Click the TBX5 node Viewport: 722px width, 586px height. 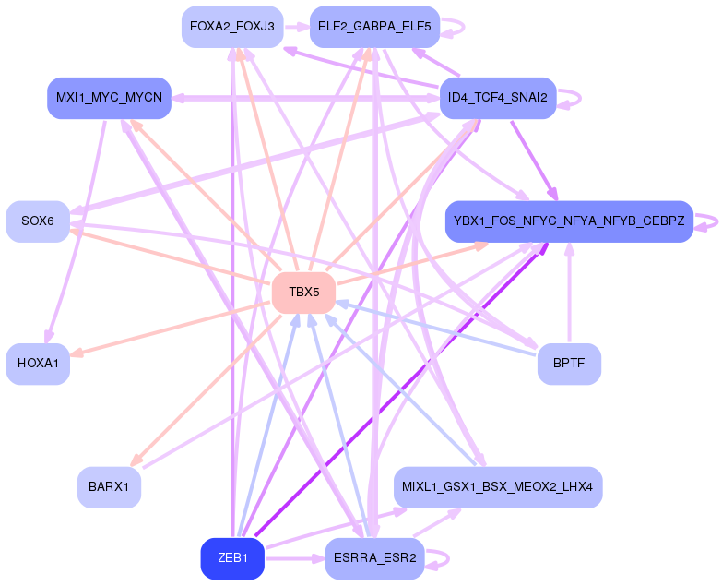[x=303, y=293]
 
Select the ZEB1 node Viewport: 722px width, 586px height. [x=232, y=558]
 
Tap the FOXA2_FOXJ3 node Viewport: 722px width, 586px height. [x=232, y=27]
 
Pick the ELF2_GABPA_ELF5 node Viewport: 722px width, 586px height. [x=374, y=27]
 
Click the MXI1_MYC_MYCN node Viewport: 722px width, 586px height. [x=109, y=98]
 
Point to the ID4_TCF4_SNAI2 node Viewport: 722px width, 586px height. [x=497, y=98]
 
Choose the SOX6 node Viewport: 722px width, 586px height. [x=38, y=221]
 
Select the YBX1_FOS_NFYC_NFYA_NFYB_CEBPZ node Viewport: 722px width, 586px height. [x=569, y=221]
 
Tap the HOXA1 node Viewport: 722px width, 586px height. [x=38, y=364]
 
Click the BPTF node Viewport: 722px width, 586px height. [x=569, y=364]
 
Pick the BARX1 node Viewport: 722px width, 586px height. [x=109, y=486]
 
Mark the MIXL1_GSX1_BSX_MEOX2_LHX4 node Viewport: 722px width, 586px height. [x=497, y=486]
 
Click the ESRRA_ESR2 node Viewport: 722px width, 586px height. [x=374, y=558]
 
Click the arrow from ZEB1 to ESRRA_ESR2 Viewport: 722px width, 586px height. [x=294, y=558]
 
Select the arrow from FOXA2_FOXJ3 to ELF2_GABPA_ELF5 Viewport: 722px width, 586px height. [x=296, y=27]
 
